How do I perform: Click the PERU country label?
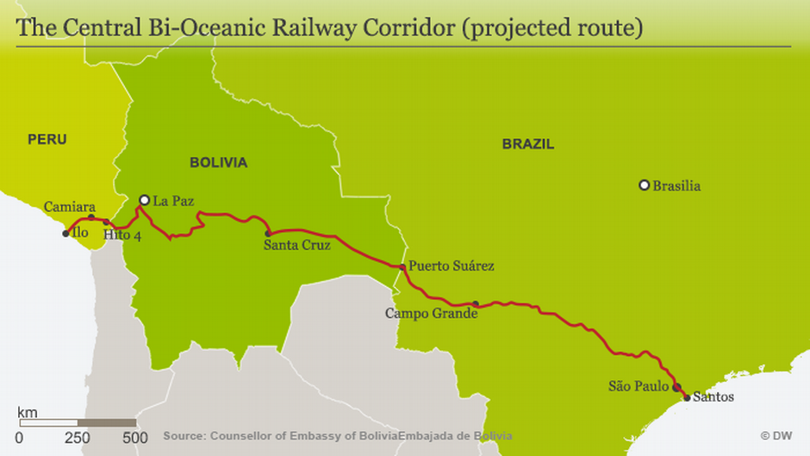click(47, 139)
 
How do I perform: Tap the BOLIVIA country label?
click(219, 162)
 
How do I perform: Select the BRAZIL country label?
click(528, 144)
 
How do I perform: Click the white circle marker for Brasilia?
click(644, 185)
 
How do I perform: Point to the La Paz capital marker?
click(145, 200)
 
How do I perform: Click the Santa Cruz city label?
click(297, 245)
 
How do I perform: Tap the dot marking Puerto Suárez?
click(402, 266)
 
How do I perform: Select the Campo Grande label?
click(432, 313)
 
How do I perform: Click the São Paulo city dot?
click(676, 387)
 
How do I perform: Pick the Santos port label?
click(713, 397)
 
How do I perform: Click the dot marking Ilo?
click(65, 234)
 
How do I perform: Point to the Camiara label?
click(70, 207)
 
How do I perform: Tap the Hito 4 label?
click(121, 235)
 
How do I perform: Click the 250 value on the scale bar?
click(78, 439)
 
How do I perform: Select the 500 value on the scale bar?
click(135, 439)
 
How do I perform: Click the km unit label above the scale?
click(28, 412)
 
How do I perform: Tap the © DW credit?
click(776, 436)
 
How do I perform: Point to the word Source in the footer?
click(184, 436)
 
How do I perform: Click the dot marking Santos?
click(687, 397)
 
